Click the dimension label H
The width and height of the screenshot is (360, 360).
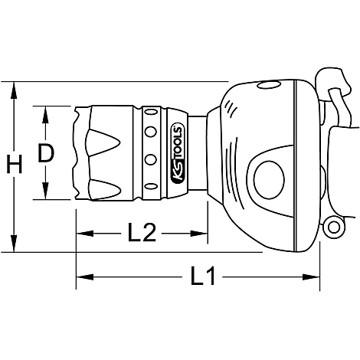point(15,164)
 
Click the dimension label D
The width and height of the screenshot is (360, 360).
point(46,153)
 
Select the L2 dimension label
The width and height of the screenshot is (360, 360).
point(142,232)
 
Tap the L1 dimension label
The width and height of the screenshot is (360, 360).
point(203,276)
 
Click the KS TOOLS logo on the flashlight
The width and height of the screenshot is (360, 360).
point(178,153)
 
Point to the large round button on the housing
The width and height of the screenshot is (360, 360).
point(269,180)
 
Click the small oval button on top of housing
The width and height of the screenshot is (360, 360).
point(269,85)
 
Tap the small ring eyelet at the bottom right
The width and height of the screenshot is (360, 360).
point(333,227)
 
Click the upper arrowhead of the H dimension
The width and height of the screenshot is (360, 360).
point(15,90)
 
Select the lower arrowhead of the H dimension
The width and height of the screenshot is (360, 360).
point(15,243)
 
